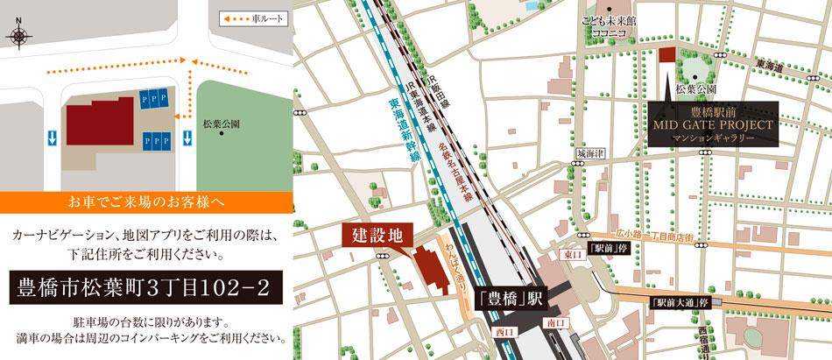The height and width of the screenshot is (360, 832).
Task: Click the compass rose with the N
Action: tap(18, 36)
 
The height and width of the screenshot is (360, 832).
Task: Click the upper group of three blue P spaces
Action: tap(156, 98)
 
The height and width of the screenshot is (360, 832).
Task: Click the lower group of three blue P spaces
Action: tap(156, 139)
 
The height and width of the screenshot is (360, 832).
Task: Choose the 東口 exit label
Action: tap(574, 253)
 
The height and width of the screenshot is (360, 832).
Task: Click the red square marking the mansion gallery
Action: tap(667, 55)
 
